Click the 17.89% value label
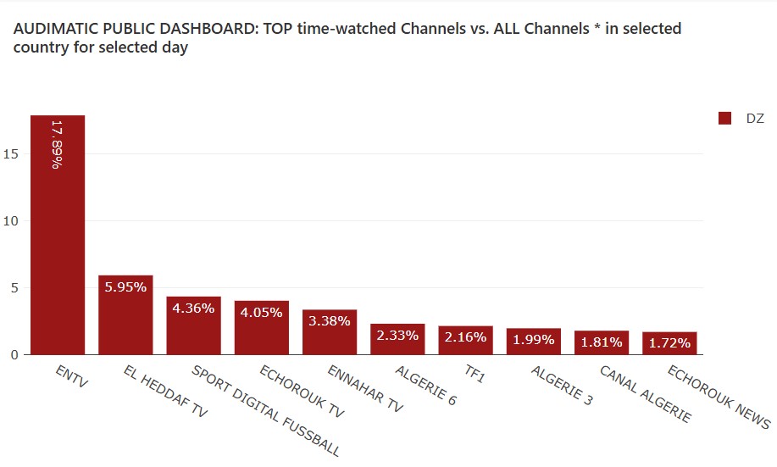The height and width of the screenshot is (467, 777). point(57,144)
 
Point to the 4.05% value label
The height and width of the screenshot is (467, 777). point(261,312)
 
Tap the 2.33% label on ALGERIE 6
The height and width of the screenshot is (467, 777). point(397,335)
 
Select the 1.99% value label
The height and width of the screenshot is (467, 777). point(533,340)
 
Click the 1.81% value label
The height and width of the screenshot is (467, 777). point(601,342)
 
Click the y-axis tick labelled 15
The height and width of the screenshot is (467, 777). point(11,154)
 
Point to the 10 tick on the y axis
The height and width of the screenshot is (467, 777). point(11,221)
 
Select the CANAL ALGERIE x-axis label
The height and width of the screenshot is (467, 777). point(645,394)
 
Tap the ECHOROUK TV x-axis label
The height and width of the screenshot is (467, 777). point(301,392)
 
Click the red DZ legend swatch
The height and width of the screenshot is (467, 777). point(724,119)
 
